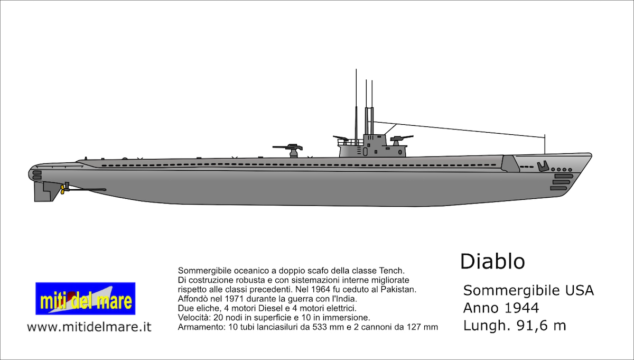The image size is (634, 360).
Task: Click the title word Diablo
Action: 492,261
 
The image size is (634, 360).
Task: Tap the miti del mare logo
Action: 85,299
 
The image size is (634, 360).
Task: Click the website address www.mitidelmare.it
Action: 89,327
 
